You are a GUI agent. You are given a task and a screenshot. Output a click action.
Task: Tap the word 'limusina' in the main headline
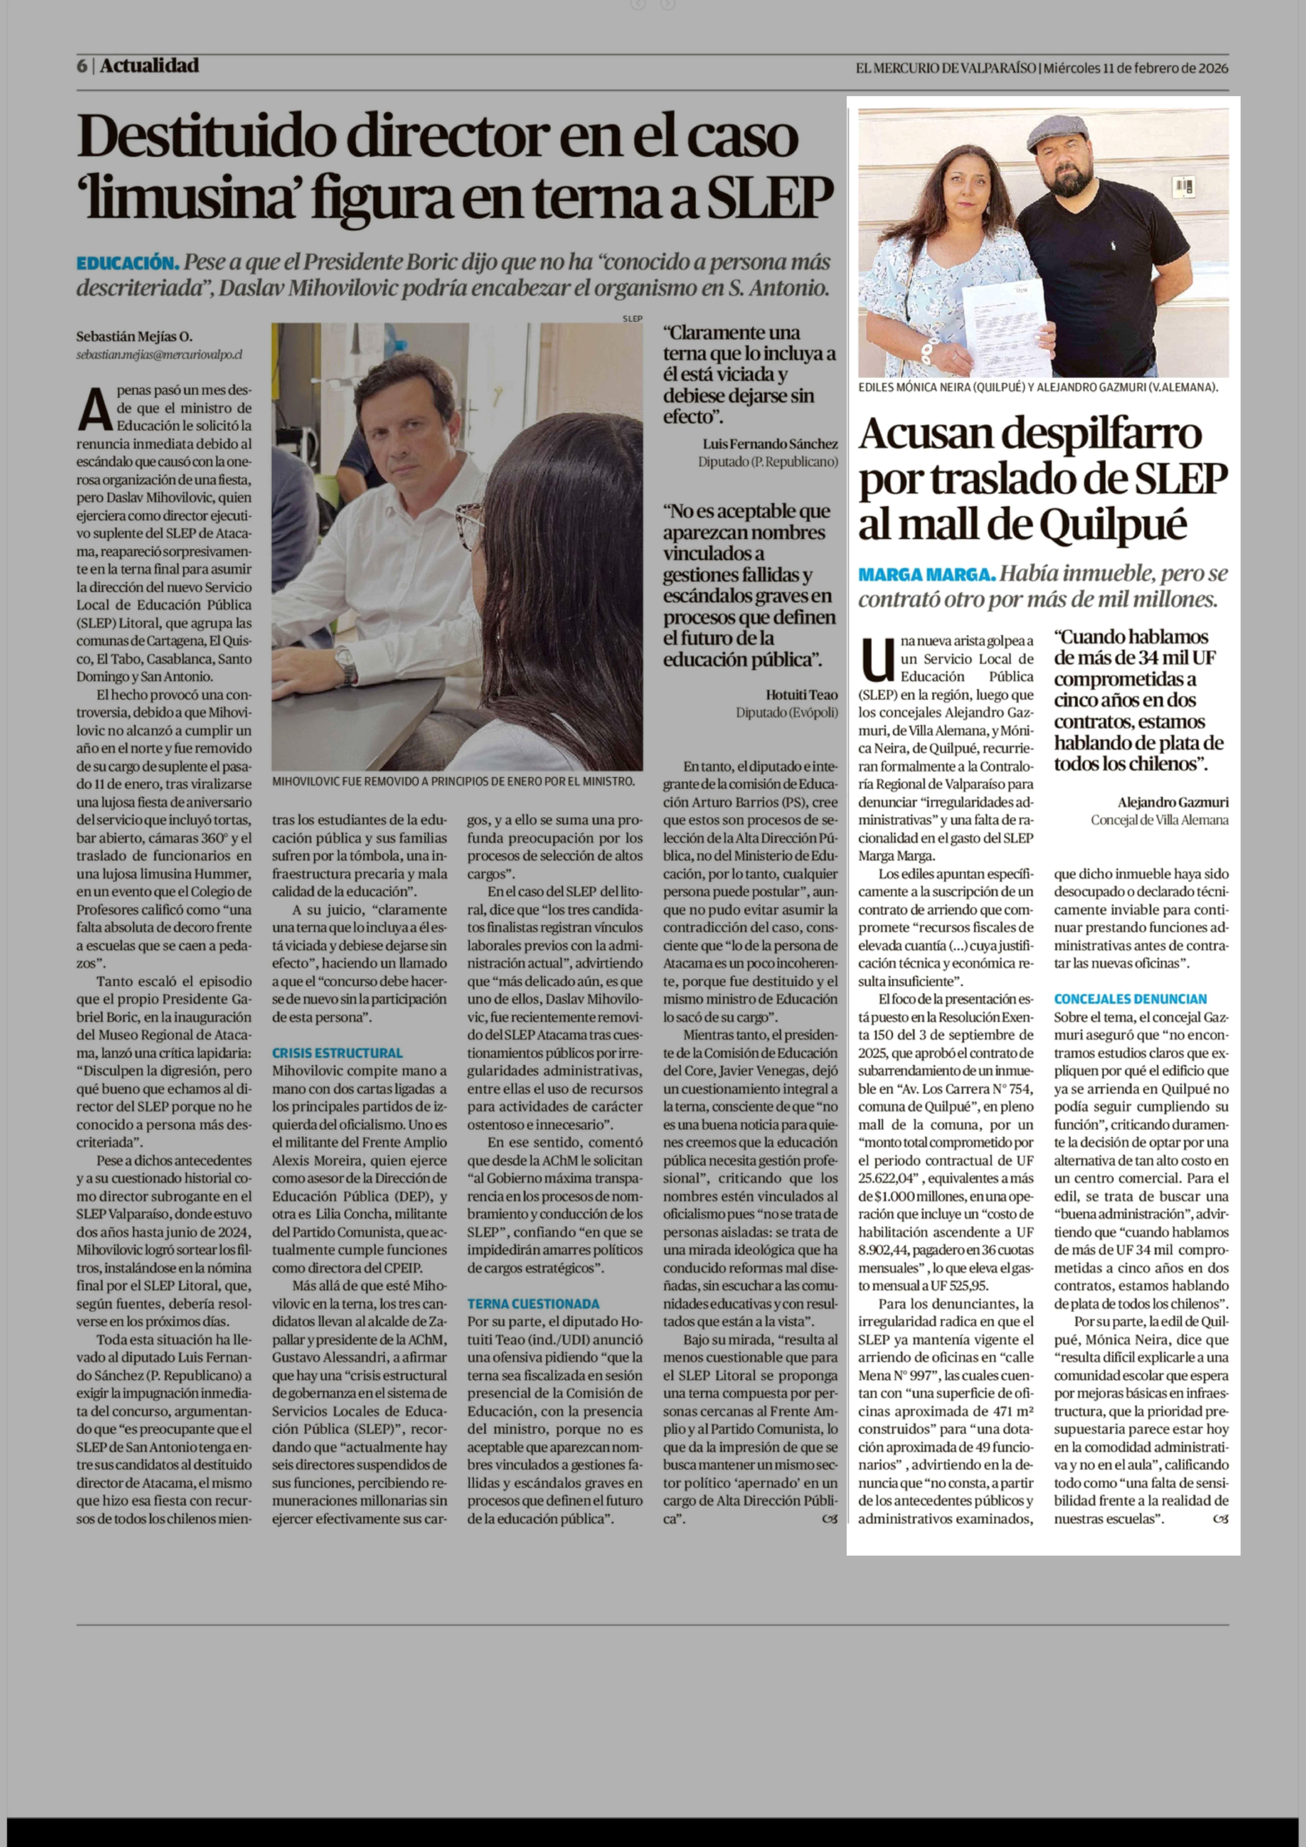[x=189, y=198]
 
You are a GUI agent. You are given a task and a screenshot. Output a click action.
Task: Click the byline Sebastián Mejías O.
[x=134, y=336]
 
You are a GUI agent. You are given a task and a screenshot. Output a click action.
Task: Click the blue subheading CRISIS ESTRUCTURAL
[x=337, y=1052]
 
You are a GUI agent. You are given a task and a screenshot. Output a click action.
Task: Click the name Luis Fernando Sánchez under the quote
[x=770, y=443]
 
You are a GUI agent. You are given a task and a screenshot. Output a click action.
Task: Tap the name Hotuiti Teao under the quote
[x=801, y=694]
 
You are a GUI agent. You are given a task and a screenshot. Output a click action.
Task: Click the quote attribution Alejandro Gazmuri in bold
[x=1172, y=802]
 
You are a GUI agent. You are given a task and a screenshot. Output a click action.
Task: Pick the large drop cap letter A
[x=95, y=409]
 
